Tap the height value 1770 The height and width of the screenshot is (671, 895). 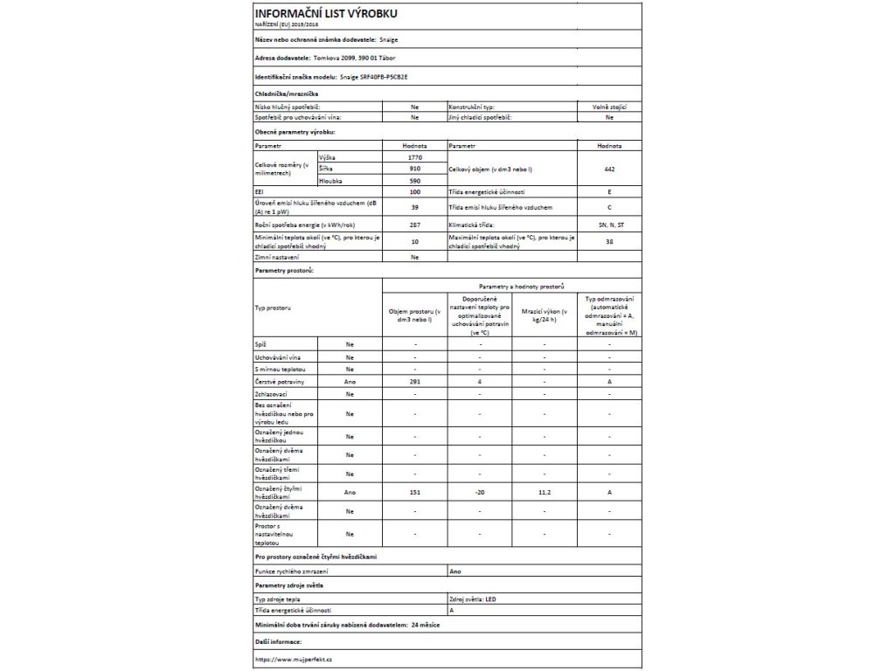click(x=414, y=155)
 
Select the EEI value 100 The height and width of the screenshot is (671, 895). click(x=414, y=191)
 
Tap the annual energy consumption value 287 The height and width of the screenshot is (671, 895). click(x=414, y=226)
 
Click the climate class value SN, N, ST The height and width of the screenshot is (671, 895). click(x=609, y=226)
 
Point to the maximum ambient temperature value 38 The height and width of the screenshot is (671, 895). click(x=609, y=242)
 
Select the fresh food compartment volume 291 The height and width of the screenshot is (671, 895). click(x=414, y=383)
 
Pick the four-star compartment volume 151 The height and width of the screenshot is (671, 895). click(x=414, y=493)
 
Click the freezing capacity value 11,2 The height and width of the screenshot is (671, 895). click(x=544, y=493)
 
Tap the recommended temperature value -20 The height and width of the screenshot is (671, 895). click(x=479, y=493)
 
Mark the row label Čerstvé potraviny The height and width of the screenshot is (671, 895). click(x=281, y=383)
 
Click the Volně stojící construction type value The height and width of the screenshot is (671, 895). click(x=609, y=106)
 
